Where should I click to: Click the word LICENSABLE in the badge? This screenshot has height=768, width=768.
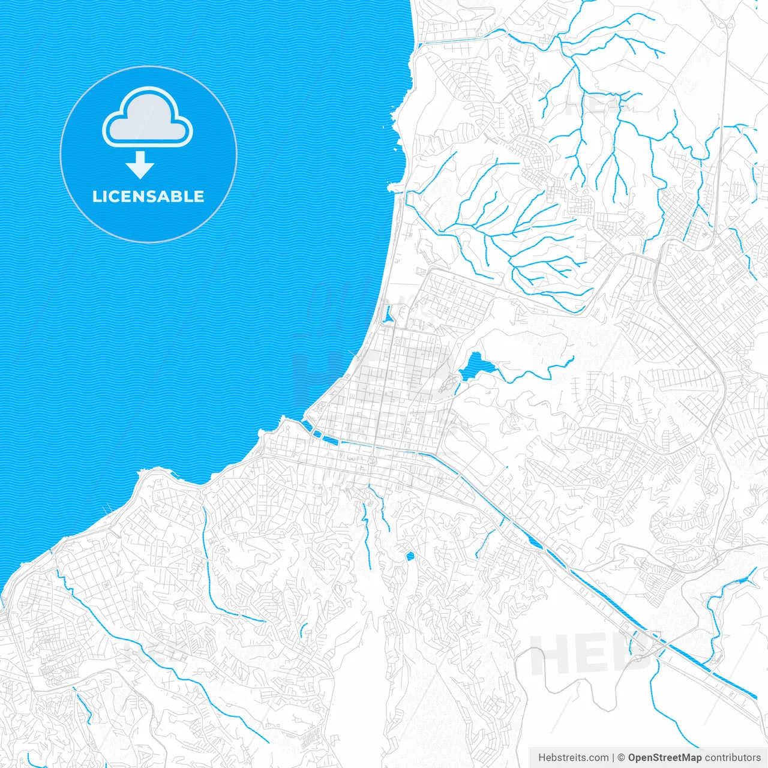click(148, 196)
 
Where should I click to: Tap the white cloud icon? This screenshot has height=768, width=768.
click(148, 118)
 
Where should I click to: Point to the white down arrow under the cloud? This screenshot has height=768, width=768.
click(140, 166)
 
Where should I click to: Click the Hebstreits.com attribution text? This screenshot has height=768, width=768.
click(573, 758)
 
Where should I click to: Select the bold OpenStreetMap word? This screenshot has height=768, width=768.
click(665, 758)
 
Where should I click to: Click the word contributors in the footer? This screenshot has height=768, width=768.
click(733, 758)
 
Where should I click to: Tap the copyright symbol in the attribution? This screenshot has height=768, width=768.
click(622, 758)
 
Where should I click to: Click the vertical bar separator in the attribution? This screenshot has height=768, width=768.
click(613, 758)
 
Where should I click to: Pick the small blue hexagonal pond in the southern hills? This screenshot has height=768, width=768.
click(410, 556)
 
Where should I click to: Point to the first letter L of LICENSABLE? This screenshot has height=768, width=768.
click(97, 197)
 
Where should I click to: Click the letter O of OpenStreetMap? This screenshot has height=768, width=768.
click(632, 758)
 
